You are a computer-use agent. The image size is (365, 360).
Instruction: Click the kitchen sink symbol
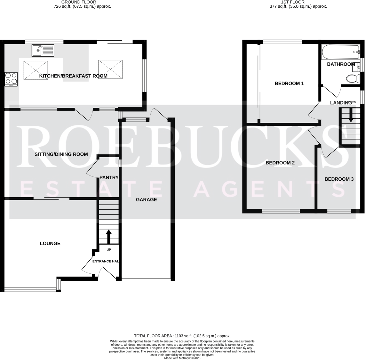[43, 51]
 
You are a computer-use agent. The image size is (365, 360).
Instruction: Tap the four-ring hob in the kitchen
[11, 79]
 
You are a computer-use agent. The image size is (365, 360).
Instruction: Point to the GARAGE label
[146, 200]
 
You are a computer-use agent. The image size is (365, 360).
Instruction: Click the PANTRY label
[109, 177]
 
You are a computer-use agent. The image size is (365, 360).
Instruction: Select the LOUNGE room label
[50, 243]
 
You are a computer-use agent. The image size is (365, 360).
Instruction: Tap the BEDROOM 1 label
[289, 83]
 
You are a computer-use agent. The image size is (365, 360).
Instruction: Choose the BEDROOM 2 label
[280, 163]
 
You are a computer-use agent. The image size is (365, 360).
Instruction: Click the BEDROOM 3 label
[339, 179]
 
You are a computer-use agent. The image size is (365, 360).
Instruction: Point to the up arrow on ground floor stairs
[108, 237]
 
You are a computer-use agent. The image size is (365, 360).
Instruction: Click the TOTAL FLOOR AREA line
[182, 336]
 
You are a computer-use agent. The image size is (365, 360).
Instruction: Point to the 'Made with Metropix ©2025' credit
[182, 358]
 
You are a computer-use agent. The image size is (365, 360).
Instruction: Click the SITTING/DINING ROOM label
[61, 154]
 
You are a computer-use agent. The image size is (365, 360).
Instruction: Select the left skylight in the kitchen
[36, 70]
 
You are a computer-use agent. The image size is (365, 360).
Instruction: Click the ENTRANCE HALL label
[106, 261]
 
